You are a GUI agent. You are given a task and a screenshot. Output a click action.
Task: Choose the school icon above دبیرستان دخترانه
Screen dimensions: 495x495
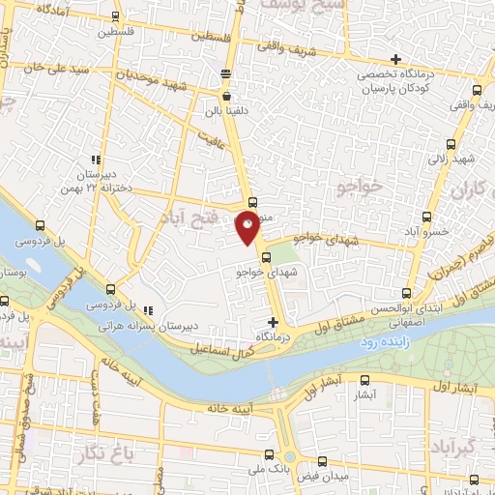pyautogui.click(x=95, y=160)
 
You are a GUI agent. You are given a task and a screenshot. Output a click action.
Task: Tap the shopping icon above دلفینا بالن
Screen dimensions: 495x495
pyautogui.click(x=226, y=96)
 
